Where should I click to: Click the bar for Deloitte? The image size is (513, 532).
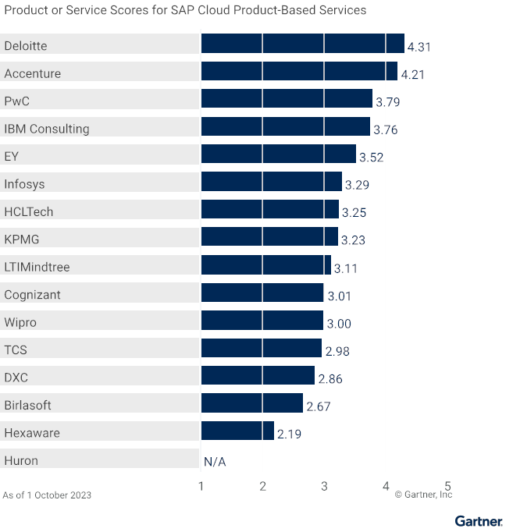point(302,44)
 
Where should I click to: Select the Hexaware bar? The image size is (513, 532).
point(237,431)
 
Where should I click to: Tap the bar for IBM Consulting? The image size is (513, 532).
point(285,127)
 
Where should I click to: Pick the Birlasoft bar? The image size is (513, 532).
point(251,403)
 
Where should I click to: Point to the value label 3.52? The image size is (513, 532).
point(371,158)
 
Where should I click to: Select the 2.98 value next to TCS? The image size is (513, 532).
point(337,352)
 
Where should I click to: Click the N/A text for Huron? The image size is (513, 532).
point(215,462)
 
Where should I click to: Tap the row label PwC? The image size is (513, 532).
point(17,101)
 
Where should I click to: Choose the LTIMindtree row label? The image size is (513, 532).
point(37,268)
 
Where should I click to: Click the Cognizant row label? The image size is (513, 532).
point(32,295)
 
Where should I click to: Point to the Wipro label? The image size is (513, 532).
point(20,323)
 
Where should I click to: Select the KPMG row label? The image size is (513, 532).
point(21,239)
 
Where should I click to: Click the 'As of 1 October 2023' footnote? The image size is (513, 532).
point(47,495)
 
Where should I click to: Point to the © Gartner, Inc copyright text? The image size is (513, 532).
point(423,495)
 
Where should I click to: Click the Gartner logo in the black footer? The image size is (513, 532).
point(479,521)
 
